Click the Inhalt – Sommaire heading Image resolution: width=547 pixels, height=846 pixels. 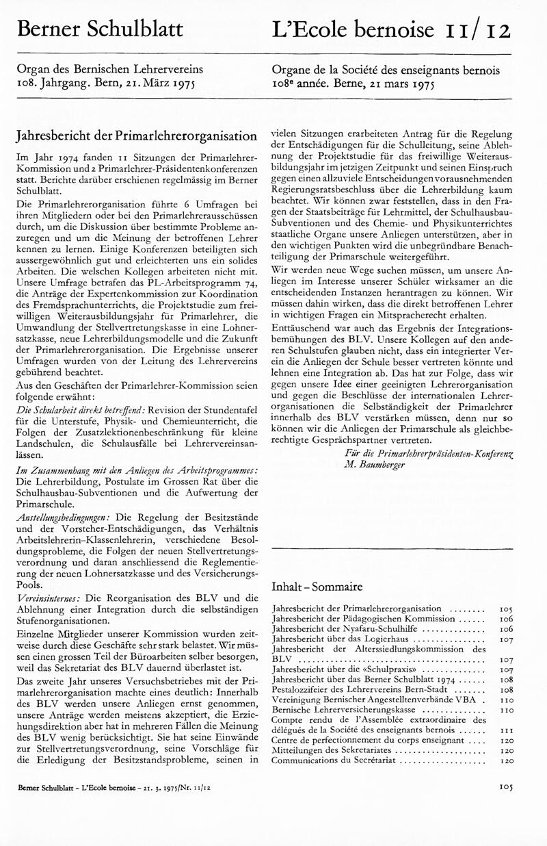317,587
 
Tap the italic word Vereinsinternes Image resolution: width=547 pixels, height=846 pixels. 50,598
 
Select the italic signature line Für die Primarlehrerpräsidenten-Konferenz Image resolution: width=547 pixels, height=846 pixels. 429,453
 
